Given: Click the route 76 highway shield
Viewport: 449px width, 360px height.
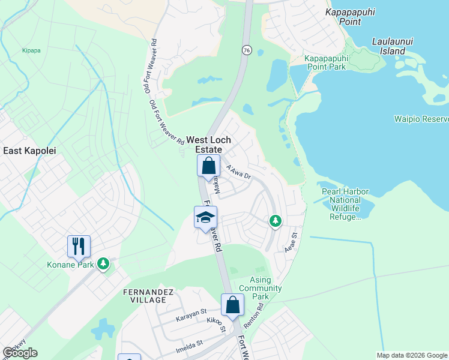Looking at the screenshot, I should (x=247, y=51).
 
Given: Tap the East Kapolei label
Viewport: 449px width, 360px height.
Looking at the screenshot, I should (x=29, y=151).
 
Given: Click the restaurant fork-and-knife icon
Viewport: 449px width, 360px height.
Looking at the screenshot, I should (x=79, y=245).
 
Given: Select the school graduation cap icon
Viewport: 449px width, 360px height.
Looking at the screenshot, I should (x=205, y=217).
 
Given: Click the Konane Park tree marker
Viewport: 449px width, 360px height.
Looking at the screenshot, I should (x=104, y=263).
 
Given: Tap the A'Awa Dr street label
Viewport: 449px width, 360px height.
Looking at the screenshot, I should (x=238, y=172).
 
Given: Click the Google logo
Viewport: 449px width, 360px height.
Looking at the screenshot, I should (x=20, y=353).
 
